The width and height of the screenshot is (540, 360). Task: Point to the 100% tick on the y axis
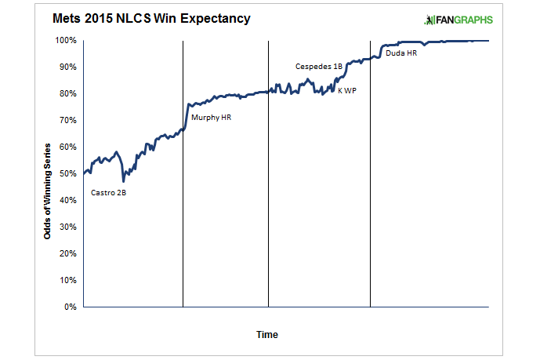(66, 40)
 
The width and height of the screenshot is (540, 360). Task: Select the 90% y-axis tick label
(67, 67)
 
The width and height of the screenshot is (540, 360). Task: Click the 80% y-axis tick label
(67, 93)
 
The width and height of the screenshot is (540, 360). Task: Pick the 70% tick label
(67, 120)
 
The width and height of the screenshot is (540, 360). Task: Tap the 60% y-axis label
(67, 147)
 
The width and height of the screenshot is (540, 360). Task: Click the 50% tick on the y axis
(67, 173)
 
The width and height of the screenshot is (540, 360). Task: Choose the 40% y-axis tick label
(67, 200)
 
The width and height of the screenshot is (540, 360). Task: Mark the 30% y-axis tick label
(67, 227)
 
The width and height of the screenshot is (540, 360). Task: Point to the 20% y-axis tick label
(67, 253)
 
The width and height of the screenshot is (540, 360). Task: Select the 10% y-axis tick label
(67, 280)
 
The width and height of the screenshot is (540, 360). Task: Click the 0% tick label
(70, 307)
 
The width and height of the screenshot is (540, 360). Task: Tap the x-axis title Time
(267, 335)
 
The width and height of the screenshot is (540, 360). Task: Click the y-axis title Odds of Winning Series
(49, 191)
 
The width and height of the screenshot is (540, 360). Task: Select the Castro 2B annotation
(108, 193)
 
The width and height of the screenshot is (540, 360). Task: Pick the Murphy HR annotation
(212, 118)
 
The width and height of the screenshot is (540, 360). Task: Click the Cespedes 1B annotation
(318, 67)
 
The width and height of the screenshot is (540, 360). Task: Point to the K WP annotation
(347, 91)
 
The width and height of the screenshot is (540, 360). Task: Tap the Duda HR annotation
(400, 53)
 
